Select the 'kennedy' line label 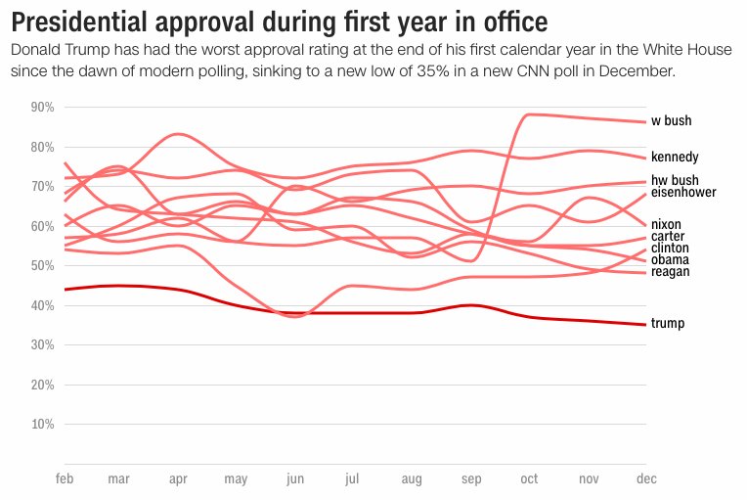coord(675,157)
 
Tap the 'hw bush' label coord(675,180)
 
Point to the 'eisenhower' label coord(683,193)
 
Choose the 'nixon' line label coord(666,225)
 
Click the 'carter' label coord(668,237)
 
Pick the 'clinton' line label coord(669,249)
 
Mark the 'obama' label coord(670,260)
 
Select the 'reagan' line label coord(670,272)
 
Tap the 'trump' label coord(668,324)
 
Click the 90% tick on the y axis coord(42,107)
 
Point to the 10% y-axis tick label coord(42,425)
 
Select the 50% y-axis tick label coord(42,265)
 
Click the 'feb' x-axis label coord(65,479)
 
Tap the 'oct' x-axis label coord(529,479)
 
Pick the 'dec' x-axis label coord(645,479)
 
